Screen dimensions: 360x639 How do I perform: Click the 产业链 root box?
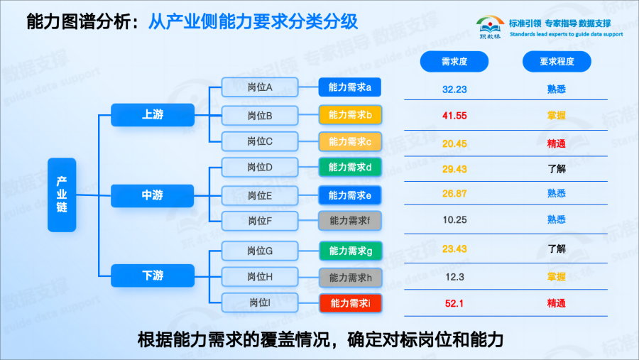pyautogui.click(x=62, y=195)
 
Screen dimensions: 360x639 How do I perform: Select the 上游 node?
pyautogui.click(x=153, y=114)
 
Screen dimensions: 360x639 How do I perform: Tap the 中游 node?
pyautogui.click(x=153, y=195)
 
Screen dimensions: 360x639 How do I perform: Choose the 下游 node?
pyautogui.click(x=153, y=276)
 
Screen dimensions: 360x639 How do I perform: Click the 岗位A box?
pyautogui.click(x=261, y=88)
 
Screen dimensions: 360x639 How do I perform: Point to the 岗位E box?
pyautogui.click(x=261, y=195)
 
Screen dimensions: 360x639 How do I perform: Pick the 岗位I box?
pyautogui.click(x=261, y=303)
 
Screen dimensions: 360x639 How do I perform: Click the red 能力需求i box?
pyautogui.click(x=350, y=303)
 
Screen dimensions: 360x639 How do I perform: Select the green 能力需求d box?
pyautogui.click(x=350, y=168)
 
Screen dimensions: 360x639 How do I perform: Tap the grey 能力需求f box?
pyautogui.click(x=350, y=221)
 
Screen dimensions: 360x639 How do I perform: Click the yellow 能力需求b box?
pyautogui.click(x=350, y=114)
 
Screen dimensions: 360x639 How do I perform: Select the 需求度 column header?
pyautogui.click(x=454, y=62)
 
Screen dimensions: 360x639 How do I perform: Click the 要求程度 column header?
pyautogui.click(x=557, y=62)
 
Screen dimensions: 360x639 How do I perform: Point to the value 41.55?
pyautogui.click(x=454, y=115)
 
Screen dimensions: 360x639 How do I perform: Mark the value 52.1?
pyautogui.click(x=454, y=303)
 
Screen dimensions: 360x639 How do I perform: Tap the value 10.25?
pyautogui.click(x=454, y=220)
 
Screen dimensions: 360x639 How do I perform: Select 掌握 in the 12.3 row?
pyautogui.click(x=557, y=276)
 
